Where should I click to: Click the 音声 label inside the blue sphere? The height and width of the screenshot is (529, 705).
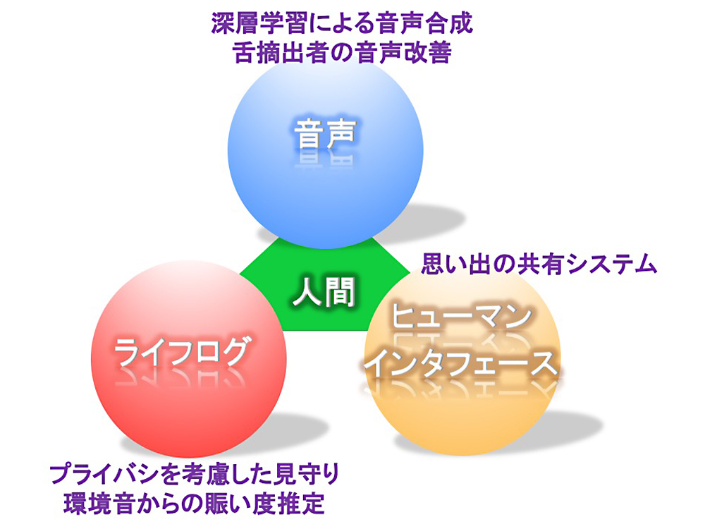click(x=325, y=133)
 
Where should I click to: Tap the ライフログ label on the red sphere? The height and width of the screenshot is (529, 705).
click(x=180, y=353)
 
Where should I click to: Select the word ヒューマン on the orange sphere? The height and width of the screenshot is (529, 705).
click(x=461, y=316)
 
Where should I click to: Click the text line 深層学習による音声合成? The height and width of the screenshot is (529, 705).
click(x=342, y=23)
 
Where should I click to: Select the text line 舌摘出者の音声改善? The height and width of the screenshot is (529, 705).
click(x=343, y=53)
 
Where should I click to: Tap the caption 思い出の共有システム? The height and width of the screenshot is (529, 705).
click(x=539, y=264)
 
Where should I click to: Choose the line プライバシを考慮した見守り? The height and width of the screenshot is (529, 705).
click(x=195, y=474)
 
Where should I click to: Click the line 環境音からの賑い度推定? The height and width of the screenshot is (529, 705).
click(x=195, y=504)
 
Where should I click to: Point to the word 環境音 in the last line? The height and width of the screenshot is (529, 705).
click(x=100, y=504)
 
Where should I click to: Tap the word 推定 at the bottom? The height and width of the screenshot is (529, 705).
click(x=301, y=504)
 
